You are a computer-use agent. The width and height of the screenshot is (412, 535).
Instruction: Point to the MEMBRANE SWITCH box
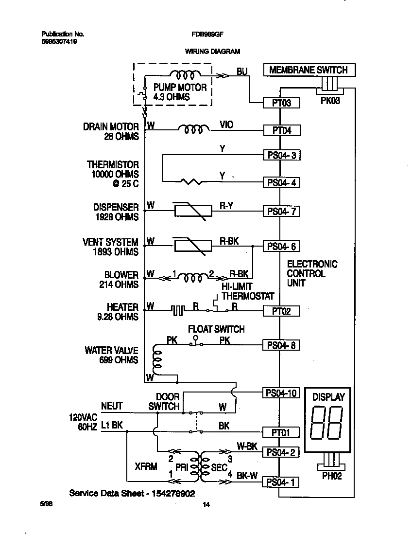[x=309, y=70]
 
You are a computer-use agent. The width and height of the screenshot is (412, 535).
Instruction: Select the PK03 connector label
[x=331, y=102]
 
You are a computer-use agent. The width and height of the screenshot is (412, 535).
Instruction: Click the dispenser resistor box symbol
[x=193, y=211]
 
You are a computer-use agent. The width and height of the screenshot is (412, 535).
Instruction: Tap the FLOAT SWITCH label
[x=216, y=329]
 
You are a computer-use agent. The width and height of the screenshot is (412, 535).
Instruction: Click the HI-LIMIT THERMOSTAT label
[x=248, y=291]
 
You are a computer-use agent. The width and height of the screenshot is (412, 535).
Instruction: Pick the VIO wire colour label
[x=226, y=125]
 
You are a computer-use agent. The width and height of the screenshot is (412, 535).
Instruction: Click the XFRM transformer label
[x=146, y=466]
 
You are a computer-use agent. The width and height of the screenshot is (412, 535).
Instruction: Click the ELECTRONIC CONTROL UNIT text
[x=312, y=273]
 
